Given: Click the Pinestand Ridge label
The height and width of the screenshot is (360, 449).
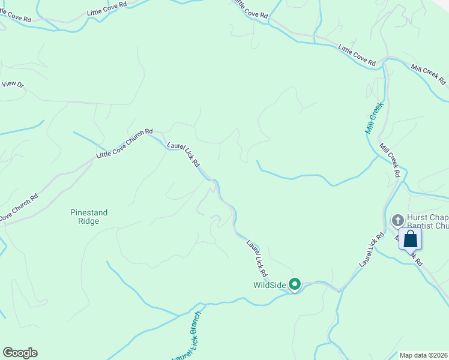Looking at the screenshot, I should coord(85,217).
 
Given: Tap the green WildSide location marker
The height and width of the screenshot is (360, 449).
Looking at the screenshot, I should coord(295,284).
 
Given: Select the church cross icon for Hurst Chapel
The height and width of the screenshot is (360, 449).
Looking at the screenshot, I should coord(397,220).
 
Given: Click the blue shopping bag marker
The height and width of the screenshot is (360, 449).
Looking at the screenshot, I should coord(411,239).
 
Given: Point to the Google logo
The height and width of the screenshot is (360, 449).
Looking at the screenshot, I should coord(20,353).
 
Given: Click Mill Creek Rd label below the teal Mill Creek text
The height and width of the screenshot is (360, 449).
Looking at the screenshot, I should coord(389,160).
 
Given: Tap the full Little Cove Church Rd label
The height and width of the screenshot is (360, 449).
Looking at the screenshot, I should coord(125,145).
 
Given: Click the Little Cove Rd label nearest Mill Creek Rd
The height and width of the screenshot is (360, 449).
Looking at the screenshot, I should coord(357,55).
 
